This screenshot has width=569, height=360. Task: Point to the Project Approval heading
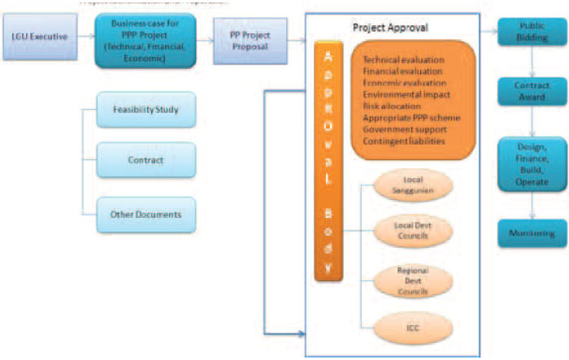coord(390,28)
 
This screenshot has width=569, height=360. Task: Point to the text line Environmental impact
coord(404,94)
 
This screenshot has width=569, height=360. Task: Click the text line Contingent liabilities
coord(404,141)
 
